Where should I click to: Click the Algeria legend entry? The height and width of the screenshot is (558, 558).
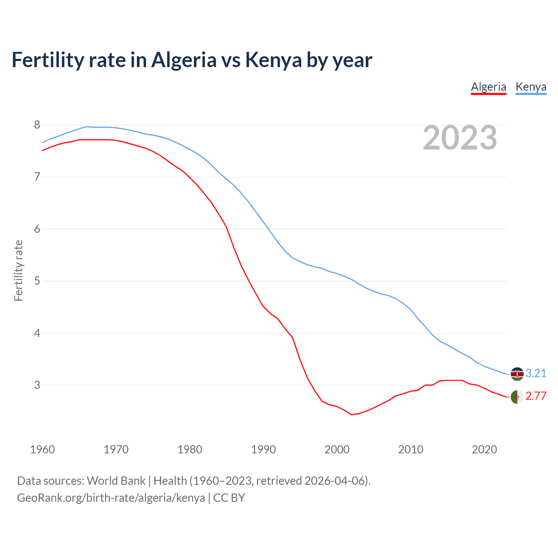point(488,87)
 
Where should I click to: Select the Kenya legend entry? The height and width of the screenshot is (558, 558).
point(531,87)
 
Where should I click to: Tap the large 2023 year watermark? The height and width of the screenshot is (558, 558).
point(460,138)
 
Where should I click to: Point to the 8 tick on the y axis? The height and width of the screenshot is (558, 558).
point(37,125)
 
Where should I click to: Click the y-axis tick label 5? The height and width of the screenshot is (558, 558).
point(37,281)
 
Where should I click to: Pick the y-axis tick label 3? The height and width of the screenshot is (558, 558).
point(37,385)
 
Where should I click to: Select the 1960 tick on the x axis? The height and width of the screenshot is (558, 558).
point(42,449)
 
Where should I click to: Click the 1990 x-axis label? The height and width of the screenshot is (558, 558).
point(263,449)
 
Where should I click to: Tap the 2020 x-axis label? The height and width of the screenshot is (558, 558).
point(484,449)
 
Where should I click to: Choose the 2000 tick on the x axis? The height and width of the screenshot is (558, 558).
point(337,449)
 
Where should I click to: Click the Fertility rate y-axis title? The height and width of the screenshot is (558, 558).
point(18,270)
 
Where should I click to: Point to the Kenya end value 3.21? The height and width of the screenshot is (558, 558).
point(536,374)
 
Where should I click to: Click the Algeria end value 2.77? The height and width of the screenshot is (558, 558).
point(536,396)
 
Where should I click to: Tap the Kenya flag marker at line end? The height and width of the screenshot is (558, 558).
point(517,374)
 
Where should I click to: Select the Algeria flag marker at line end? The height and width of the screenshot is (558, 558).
point(517,397)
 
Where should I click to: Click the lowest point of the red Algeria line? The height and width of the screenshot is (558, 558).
point(352,415)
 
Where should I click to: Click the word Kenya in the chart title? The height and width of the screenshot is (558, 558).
point(273,60)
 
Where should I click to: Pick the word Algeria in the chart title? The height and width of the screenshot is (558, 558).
point(184,60)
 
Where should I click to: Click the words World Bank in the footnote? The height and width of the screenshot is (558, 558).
point(116,481)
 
